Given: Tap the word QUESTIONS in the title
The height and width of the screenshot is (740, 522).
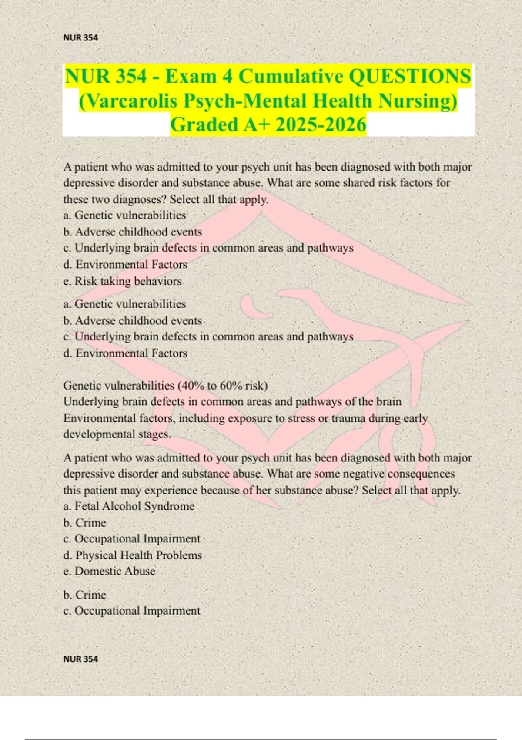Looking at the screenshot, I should click(x=410, y=77).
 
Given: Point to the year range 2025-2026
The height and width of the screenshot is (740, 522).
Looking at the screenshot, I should click(x=321, y=125).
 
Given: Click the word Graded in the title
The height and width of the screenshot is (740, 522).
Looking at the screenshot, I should click(x=203, y=125).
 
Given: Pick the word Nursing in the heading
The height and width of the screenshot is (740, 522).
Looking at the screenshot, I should click(x=417, y=101).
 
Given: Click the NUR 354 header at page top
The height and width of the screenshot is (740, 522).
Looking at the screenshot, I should click(x=80, y=38).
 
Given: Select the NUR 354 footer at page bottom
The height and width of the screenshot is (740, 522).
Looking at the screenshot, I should click(x=80, y=659).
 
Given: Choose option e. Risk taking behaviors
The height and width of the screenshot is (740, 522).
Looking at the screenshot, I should click(x=122, y=281).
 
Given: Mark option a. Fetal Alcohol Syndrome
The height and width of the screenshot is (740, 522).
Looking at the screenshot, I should click(x=129, y=506).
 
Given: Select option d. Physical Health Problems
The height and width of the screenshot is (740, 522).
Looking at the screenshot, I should click(x=133, y=555).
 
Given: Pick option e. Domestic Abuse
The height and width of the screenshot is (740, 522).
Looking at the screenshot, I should click(x=109, y=571).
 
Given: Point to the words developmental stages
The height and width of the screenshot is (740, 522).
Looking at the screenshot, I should click(x=117, y=434).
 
